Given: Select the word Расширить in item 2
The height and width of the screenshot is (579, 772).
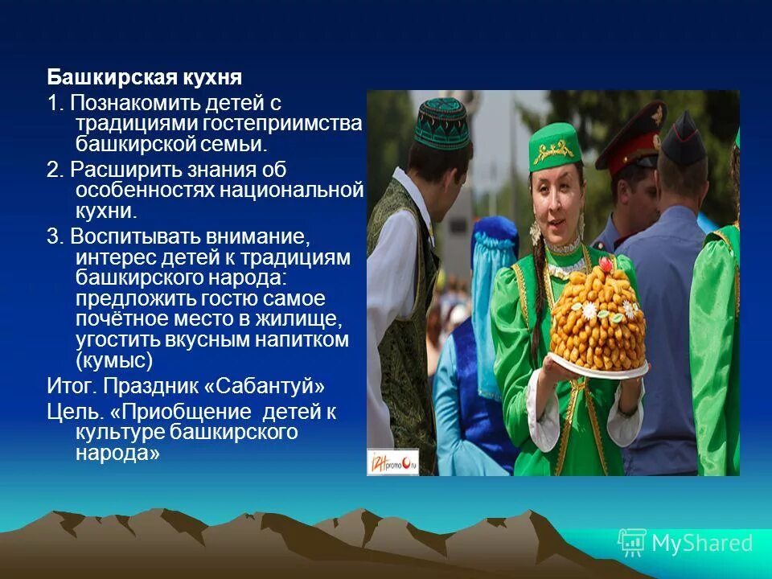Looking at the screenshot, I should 117,170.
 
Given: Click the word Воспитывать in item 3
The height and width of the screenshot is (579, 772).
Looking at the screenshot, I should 129,237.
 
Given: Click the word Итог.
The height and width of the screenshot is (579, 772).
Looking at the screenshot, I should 72,386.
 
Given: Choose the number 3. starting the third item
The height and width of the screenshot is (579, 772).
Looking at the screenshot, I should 54,237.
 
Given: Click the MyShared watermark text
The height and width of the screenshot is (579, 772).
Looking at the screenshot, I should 702,543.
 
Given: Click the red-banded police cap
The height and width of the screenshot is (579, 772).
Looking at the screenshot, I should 630,133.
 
